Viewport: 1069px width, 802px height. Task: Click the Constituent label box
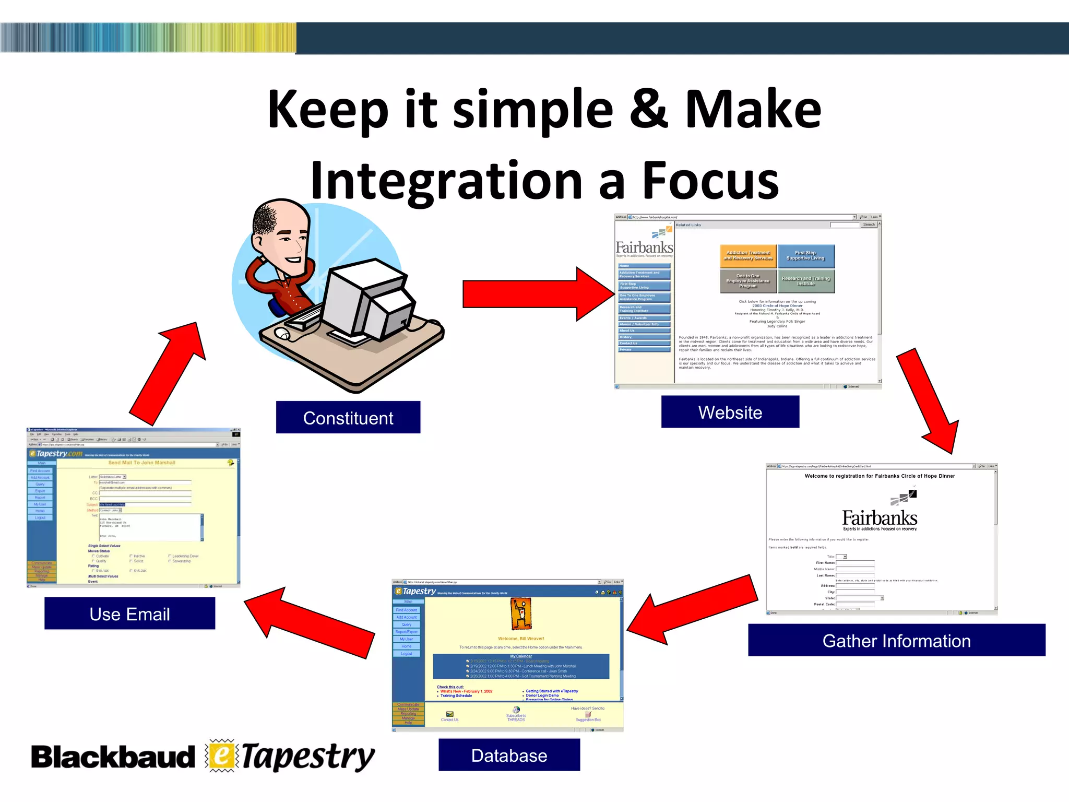coord(348,418)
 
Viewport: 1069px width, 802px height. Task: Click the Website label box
coord(730,412)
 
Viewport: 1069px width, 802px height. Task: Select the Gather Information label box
coord(896,640)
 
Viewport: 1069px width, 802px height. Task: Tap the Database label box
coord(509,755)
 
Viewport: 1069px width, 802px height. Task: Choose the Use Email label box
coord(129,614)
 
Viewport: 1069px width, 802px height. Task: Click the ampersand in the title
coord(648,110)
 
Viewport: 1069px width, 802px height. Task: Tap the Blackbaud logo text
coord(113,758)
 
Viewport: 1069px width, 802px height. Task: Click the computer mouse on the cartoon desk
coord(282,333)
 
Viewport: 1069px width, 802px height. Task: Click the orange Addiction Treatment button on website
coord(747,255)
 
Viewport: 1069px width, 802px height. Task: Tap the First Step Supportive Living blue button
coord(805,255)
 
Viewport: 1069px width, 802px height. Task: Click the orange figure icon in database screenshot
coord(520,614)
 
